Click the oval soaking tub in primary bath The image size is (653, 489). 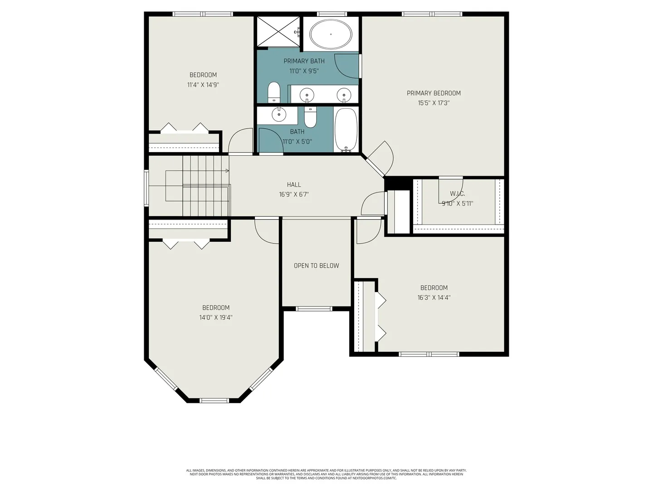point(331,34)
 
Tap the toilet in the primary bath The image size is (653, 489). point(274,92)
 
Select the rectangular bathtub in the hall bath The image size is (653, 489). point(346,130)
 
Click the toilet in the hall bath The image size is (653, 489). point(311,117)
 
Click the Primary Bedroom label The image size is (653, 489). point(434,93)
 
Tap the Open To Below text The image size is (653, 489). point(316,266)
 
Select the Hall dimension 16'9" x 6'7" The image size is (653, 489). point(294,195)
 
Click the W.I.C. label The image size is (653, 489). point(457,194)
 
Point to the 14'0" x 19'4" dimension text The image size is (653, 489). point(216,317)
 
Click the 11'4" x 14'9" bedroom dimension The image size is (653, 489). point(203,85)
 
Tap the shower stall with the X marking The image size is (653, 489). point(278,32)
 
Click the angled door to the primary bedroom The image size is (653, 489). point(379,159)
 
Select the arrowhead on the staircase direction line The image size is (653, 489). point(227,171)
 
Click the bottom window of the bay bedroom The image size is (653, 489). point(214,401)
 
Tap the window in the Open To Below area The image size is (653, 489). point(314,309)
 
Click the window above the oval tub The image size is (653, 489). point(331,14)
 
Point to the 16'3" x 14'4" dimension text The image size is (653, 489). point(434,297)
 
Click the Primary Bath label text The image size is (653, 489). point(304,61)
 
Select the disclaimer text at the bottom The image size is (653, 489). point(326,474)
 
